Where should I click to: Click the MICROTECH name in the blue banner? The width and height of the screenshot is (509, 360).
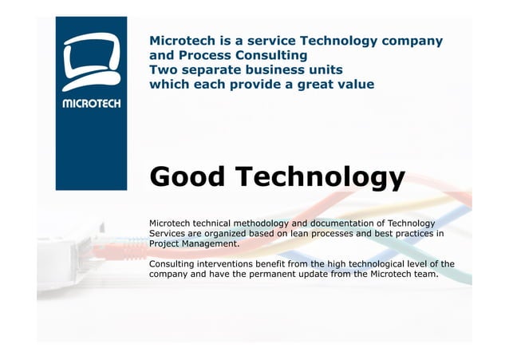pyautogui.click(x=91, y=102)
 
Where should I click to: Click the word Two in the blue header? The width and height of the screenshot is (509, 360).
pyautogui.click(x=163, y=70)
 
